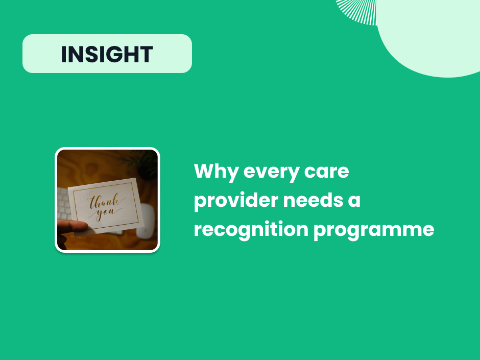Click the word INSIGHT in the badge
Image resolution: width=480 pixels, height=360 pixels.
point(107,54)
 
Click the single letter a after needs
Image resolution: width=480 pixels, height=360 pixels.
point(354,201)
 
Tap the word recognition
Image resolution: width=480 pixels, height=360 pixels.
point(250,229)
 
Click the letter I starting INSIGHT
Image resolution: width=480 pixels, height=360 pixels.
point(64,54)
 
